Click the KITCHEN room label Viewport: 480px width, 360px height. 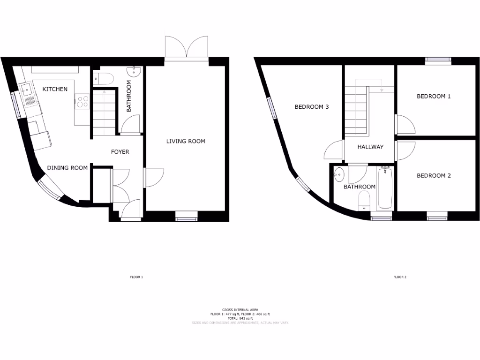coord(55,89)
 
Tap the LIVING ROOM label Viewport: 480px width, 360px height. coord(186,141)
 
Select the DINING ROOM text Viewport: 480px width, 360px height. coord(67,168)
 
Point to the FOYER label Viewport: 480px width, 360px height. coord(120,152)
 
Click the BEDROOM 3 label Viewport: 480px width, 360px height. coord(311,107)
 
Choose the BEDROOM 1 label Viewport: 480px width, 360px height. coord(434,97)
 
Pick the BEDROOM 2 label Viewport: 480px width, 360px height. coord(434,176)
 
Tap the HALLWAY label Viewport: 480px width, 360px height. coord(370,147)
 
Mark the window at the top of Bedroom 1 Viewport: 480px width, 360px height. coord(438,60)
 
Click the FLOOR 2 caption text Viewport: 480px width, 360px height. coord(399,277)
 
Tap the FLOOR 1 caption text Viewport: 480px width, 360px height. coord(136,277)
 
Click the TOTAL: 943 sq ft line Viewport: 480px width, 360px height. coord(240,319)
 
